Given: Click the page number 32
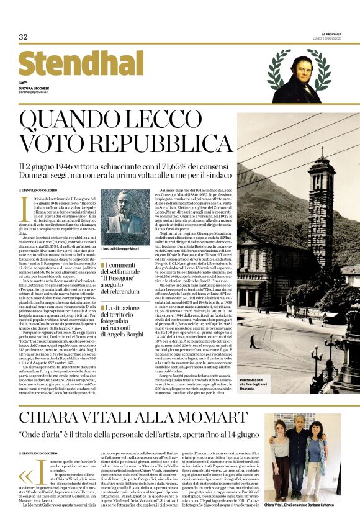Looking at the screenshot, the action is [x=23, y=37].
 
